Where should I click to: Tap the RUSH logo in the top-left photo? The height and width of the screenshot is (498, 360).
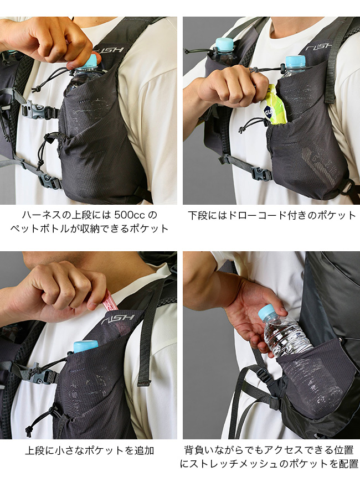pos(112,50)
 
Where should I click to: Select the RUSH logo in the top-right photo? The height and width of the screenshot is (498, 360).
pos(318,48)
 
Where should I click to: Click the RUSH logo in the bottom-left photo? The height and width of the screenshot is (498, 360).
pos(118,319)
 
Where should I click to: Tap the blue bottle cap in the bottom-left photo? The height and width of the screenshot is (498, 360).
pos(86,346)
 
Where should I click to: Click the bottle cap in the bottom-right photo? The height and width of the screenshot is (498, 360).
pos(266,311)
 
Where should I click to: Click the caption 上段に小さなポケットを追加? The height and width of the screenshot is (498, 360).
pos(90,450)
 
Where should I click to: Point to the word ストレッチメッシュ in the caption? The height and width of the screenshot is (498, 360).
pos(234,464)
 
